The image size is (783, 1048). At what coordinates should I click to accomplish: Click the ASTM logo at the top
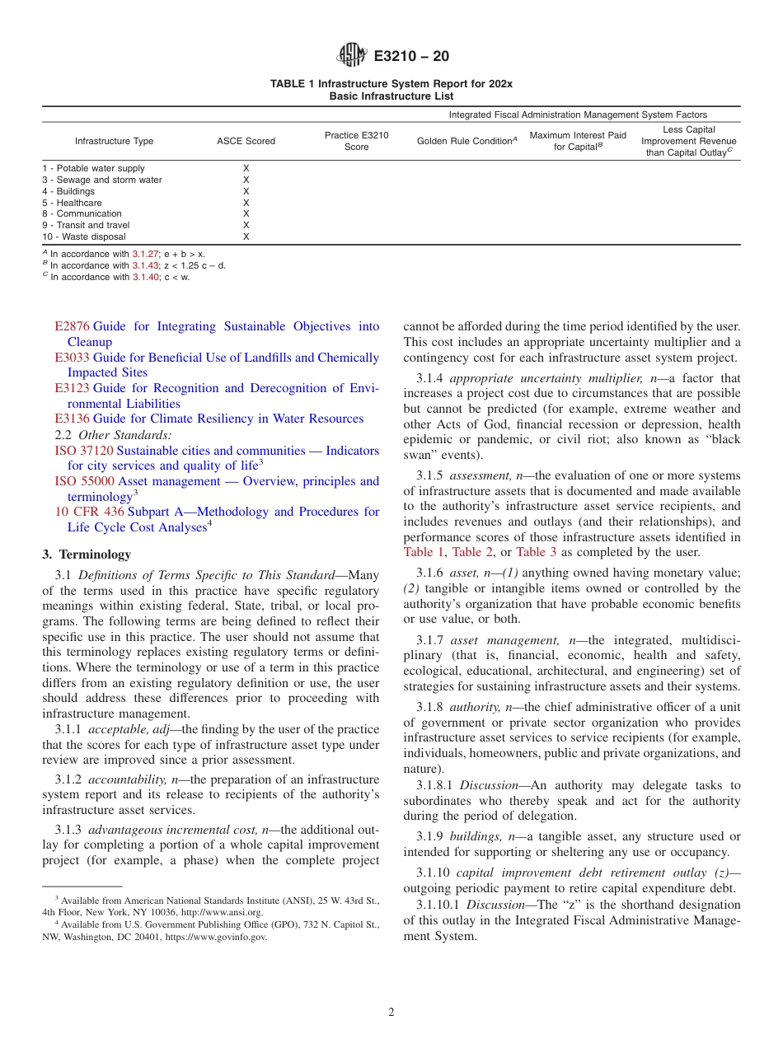(x=352, y=56)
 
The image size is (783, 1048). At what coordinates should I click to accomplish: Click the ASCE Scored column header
(x=246, y=141)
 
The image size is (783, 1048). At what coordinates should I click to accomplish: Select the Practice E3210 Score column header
(x=356, y=141)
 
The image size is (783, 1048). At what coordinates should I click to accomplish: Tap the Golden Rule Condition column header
(x=467, y=141)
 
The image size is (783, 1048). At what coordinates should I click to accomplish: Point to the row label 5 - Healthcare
(x=73, y=203)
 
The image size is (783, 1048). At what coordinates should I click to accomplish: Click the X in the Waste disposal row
(x=246, y=236)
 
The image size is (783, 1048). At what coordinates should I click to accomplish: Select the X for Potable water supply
(x=246, y=168)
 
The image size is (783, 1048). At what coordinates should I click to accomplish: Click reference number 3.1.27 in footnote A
(x=145, y=255)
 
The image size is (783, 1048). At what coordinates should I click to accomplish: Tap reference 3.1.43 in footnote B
(x=145, y=266)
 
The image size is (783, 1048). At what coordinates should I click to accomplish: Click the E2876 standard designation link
(x=72, y=327)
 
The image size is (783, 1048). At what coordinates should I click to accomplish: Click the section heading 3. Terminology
(x=87, y=554)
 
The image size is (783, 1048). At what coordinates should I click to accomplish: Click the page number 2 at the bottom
(x=391, y=1013)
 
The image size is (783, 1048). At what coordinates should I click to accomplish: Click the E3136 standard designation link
(x=72, y=419)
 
